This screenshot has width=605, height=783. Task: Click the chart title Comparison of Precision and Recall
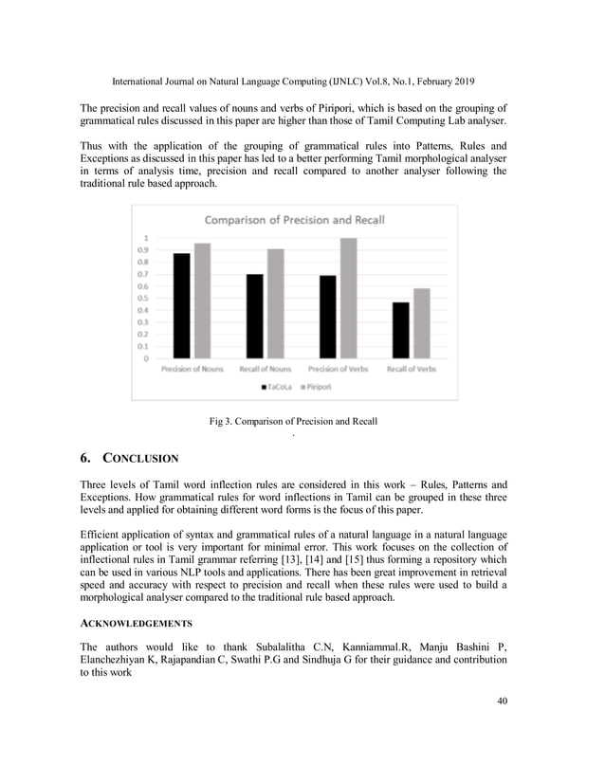pyautogui.click(x=295, y=220)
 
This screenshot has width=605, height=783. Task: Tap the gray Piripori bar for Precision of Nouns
pyautogui.click(x=201, y=300)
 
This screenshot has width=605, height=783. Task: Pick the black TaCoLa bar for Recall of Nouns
pyautogui.click(x=254, y=316)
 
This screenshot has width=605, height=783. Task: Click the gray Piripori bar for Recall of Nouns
pyautogui.click(x=275, y=303)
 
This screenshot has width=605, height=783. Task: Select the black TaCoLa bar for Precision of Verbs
pyautogui.click(x=327, y=317)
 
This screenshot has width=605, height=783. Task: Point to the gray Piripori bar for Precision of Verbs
pyautogui.click(x=348, y=298)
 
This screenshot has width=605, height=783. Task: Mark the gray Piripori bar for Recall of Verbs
pyautogui.click(x=421, y=323)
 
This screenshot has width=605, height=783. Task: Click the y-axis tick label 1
pyautogui.click(x=144, y=237)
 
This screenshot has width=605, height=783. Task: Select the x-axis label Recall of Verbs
pyautogui.click(x=412, y=369)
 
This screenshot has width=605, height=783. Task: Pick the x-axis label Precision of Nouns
pyautogui.click(x=192, y=369)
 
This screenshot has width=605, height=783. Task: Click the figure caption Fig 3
pyautogui.click(x=293, y=420)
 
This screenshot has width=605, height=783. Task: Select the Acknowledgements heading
pyautogui.click(x=137, y=623)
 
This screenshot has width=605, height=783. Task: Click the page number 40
pyautogui.click(x=502, y=701)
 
